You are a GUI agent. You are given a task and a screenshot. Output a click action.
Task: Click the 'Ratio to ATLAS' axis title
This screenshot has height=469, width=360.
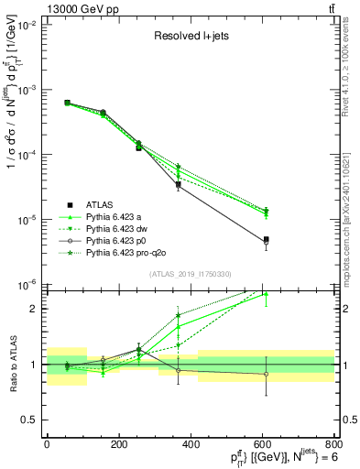point(10,364)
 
